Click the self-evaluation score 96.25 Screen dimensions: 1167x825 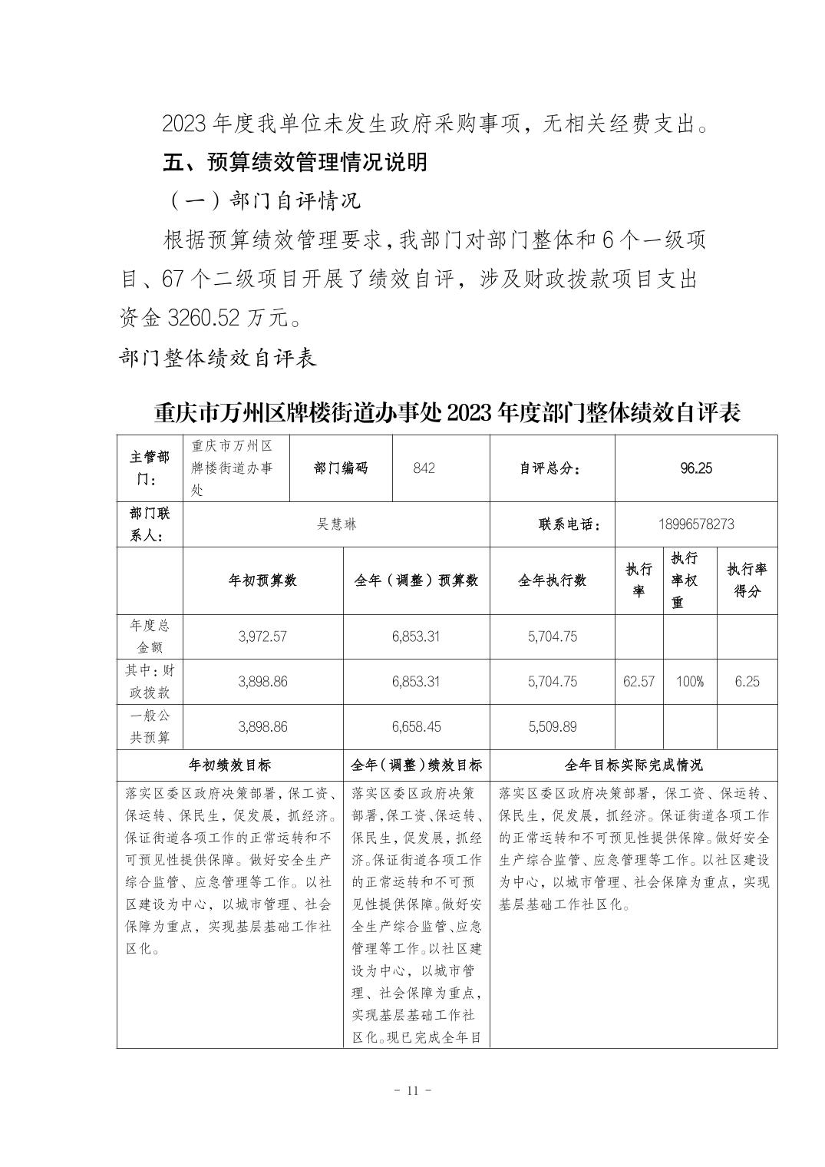(x=695, y=468)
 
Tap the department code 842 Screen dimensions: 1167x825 (x=424, y=468)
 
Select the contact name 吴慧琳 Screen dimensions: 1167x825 (x=336, y=524)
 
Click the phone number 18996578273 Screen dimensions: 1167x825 (x=695, y=524)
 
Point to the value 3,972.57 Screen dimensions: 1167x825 (x=262, y=636)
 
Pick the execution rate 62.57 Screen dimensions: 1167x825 (x=639, y=681)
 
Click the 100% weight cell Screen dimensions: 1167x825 (x=689, y=681)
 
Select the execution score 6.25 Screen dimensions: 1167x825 (x=747, y=681)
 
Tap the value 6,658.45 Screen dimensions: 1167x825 (x=416, y=726)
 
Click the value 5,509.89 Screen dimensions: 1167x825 (x=552, y=726)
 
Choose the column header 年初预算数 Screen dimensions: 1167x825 (x=262, y=580)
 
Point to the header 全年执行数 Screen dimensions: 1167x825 (x=552, y=580)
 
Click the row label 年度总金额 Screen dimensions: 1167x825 (x=150, y=636)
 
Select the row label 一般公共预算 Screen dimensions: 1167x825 (x=150, y=726)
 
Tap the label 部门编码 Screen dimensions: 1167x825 (x=341, y=468)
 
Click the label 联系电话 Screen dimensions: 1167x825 (x=569, y=524)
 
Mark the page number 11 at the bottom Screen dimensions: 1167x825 (x=412, y=1091)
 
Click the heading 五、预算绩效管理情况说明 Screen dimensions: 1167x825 (x=295, y=163)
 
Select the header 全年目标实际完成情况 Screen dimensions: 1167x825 (x=633, y=765)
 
